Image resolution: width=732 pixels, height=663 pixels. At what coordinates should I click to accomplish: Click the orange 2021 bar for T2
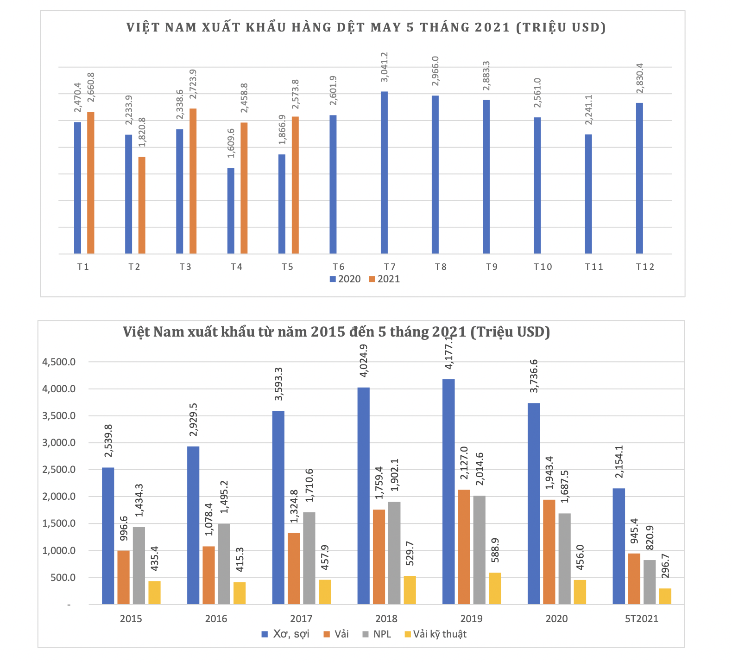(x=142, y=205)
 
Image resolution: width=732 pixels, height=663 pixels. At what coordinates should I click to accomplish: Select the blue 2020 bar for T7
(x=384, y=172)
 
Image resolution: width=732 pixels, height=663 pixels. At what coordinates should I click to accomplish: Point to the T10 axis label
(x=543, y=267)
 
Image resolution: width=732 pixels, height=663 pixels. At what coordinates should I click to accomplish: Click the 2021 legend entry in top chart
(x=384, y=279)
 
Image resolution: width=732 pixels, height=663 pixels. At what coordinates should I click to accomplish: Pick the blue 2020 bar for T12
(x=639, y=178)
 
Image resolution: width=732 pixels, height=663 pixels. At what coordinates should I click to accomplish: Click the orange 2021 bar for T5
(x=295, y=185)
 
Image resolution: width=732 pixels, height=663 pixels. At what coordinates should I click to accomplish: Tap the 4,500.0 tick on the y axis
(x=58, y=362)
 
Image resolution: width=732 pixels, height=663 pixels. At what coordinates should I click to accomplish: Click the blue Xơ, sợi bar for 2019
(x=448, y=491)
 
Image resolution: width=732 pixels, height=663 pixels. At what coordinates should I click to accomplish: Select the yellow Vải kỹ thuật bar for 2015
(x=154, y=593)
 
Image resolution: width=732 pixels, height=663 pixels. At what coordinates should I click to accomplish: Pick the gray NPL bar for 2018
(x=394, y=553)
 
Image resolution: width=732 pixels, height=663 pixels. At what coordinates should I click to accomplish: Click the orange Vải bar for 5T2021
(x=634, y=579)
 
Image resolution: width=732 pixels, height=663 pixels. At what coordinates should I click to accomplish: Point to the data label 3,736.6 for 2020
(x=534, y=376)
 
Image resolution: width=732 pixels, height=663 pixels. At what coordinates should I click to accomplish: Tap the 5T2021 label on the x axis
(x=641, y=619)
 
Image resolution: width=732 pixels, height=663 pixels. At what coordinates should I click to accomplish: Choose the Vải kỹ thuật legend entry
(x=435, y=634)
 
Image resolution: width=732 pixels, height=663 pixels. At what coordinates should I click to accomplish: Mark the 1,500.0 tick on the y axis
(x=58, y=524)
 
